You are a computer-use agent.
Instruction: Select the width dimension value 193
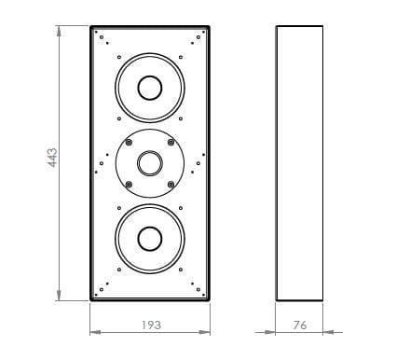pos(150,325)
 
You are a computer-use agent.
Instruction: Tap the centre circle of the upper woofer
pos(149,89)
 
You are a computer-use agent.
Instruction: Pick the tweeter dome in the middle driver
pos(149,164)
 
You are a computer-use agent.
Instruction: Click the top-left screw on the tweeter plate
pos(129,142)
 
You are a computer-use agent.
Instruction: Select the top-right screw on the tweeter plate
pos(171,142)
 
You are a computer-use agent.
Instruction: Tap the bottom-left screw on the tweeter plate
pos(129,185)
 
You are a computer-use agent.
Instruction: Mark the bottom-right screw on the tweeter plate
pos(171,185)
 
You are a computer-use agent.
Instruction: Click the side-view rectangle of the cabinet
pos(300,163)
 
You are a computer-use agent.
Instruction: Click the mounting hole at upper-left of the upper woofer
pos(120,59)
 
